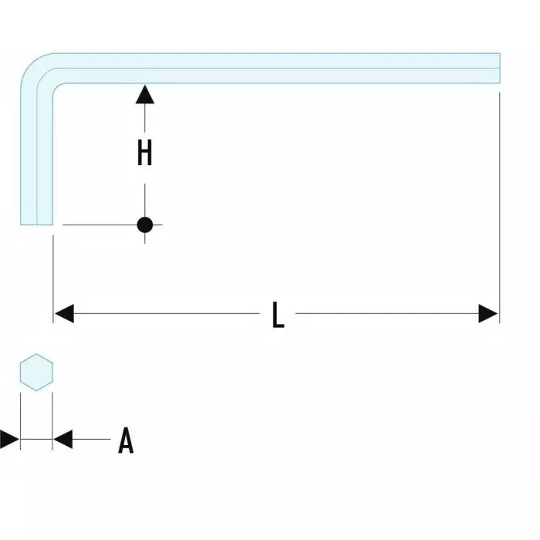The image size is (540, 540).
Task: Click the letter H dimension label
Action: [x=144, y=153]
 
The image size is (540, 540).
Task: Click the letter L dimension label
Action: [x=278, y=314]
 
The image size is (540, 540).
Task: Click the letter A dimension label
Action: [x=126, y=441]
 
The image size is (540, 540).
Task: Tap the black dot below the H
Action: [x=144, y=225]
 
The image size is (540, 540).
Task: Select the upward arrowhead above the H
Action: [x=144, y=94]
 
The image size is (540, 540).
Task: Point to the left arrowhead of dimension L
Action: [x=63, y=314]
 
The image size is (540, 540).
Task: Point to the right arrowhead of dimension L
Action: [x=488, y=314]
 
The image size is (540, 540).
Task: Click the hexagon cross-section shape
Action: [x=35, y=373]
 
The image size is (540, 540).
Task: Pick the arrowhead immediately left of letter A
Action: [x=62, y=440]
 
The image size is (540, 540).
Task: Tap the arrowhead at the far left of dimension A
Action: [x=9, y=440]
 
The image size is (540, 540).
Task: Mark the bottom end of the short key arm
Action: [x=36, y=222]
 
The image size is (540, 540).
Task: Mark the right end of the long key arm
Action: [x=497, y=67]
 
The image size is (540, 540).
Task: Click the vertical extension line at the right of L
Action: [x=499, y=193]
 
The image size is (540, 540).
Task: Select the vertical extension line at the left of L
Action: [x=52, y=270]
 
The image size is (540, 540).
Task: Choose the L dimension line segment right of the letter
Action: [x=386, y=314]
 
